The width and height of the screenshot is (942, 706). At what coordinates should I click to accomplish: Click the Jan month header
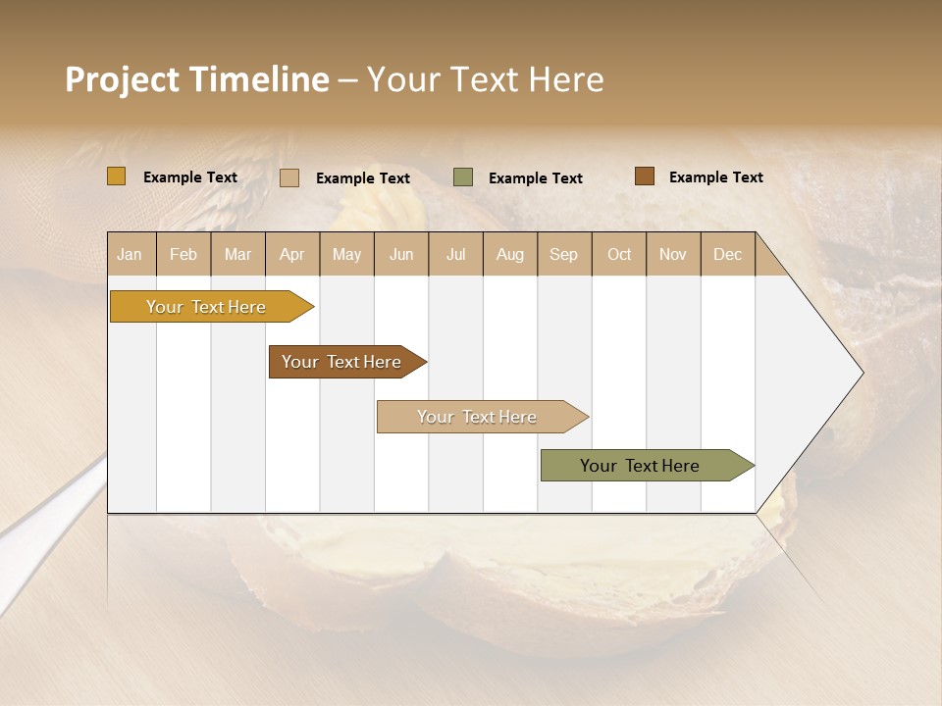tap(131, 254)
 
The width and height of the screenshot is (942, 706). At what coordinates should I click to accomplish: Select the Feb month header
tap(183, 254)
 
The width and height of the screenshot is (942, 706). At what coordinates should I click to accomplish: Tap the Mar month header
tap(237, 254)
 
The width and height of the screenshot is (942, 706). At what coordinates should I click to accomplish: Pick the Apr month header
tap(292, 254)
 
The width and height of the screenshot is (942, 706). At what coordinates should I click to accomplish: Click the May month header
tap(346, 254)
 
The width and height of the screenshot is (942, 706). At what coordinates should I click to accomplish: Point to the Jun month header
tap(401, 254)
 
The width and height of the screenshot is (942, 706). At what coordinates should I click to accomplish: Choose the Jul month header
tap(455, 254)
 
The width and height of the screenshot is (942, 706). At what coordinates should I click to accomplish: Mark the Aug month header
tap(510, 254)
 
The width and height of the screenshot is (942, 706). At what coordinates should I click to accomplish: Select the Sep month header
tap(564, 254)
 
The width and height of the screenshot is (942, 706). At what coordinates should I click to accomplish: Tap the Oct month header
tap(619, 254)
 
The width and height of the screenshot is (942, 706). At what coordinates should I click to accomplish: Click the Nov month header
tap(673, 254)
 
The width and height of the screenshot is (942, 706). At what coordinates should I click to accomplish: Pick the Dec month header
tap(728, 254)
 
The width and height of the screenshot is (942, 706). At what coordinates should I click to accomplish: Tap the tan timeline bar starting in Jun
tap(478, 417)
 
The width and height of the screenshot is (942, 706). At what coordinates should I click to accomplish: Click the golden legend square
tap(117, 176)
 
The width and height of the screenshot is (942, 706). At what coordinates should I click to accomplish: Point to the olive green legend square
tap(463, 177)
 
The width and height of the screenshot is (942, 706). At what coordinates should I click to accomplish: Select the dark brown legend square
tap(644, 176)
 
